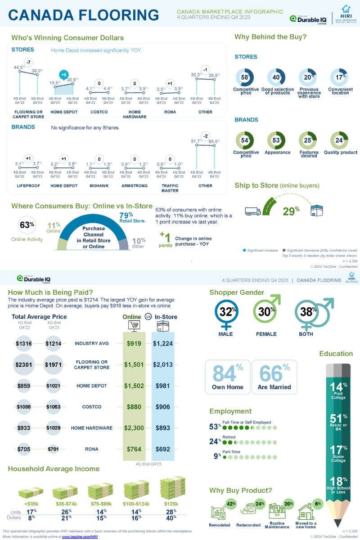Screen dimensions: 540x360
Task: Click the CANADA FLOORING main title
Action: pyautogui.click(x=84, y=15)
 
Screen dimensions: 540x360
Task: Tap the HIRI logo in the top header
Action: pyautogui.click(x=346, y=14)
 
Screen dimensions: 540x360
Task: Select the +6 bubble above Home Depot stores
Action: pyautogui.click(x=64, y=75)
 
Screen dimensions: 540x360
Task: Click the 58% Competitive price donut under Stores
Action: pyautogui.click(x=246, y=77)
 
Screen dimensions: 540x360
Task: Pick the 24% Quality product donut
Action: pyautogui.click(x=340, y=140)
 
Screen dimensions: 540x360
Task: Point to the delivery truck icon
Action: pyautogui.click(x=252, y=211)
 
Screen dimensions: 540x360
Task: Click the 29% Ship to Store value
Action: pyautogui.click(x=291, y=211)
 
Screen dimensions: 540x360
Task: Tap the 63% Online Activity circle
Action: pyautogui.click(x=27, y=225)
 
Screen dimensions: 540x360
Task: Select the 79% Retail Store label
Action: pyautogui.click(x=131, y=217)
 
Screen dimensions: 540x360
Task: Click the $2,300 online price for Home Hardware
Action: pyautogui.click(x=134, y=428)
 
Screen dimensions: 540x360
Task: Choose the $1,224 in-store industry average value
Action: pyautogui.click(x=163, y=343)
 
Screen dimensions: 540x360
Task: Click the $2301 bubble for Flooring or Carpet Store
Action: pyautogui.click(x=24, y=364)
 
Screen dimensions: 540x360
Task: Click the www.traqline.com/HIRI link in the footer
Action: pyautogui.click(x=80, y=536)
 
